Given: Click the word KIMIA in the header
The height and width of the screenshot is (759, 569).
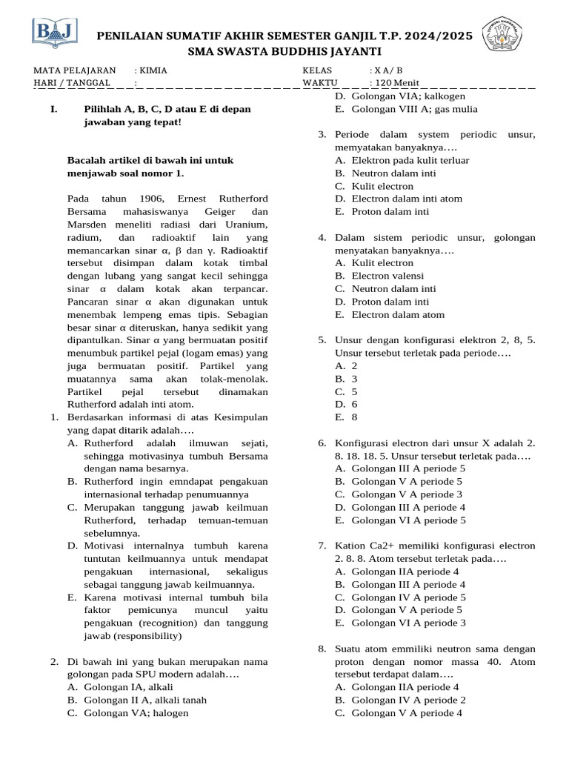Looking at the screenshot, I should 153,70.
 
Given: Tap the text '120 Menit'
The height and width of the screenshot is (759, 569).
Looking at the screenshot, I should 396,82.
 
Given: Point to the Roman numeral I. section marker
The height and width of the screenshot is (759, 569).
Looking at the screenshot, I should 53,109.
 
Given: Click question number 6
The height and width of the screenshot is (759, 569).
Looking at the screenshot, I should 322,443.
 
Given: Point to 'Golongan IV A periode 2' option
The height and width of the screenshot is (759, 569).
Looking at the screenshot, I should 408,700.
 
